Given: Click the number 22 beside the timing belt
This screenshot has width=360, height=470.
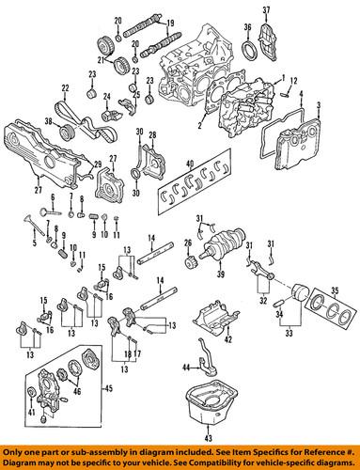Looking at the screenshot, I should (64, 88).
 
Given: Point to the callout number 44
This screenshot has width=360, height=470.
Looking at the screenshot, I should (186, 366).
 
